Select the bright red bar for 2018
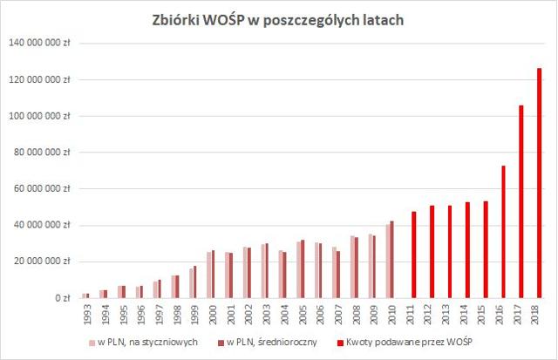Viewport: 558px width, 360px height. [x=539, y=183]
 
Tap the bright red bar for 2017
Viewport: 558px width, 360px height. [x=521, y=201]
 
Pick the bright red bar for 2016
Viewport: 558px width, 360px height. [x=503, y=232]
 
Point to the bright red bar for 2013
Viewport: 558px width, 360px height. [x=449, y=252]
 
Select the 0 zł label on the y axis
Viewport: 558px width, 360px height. [x=59, y=298]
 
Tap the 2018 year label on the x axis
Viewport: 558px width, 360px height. [x=539, y=314]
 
